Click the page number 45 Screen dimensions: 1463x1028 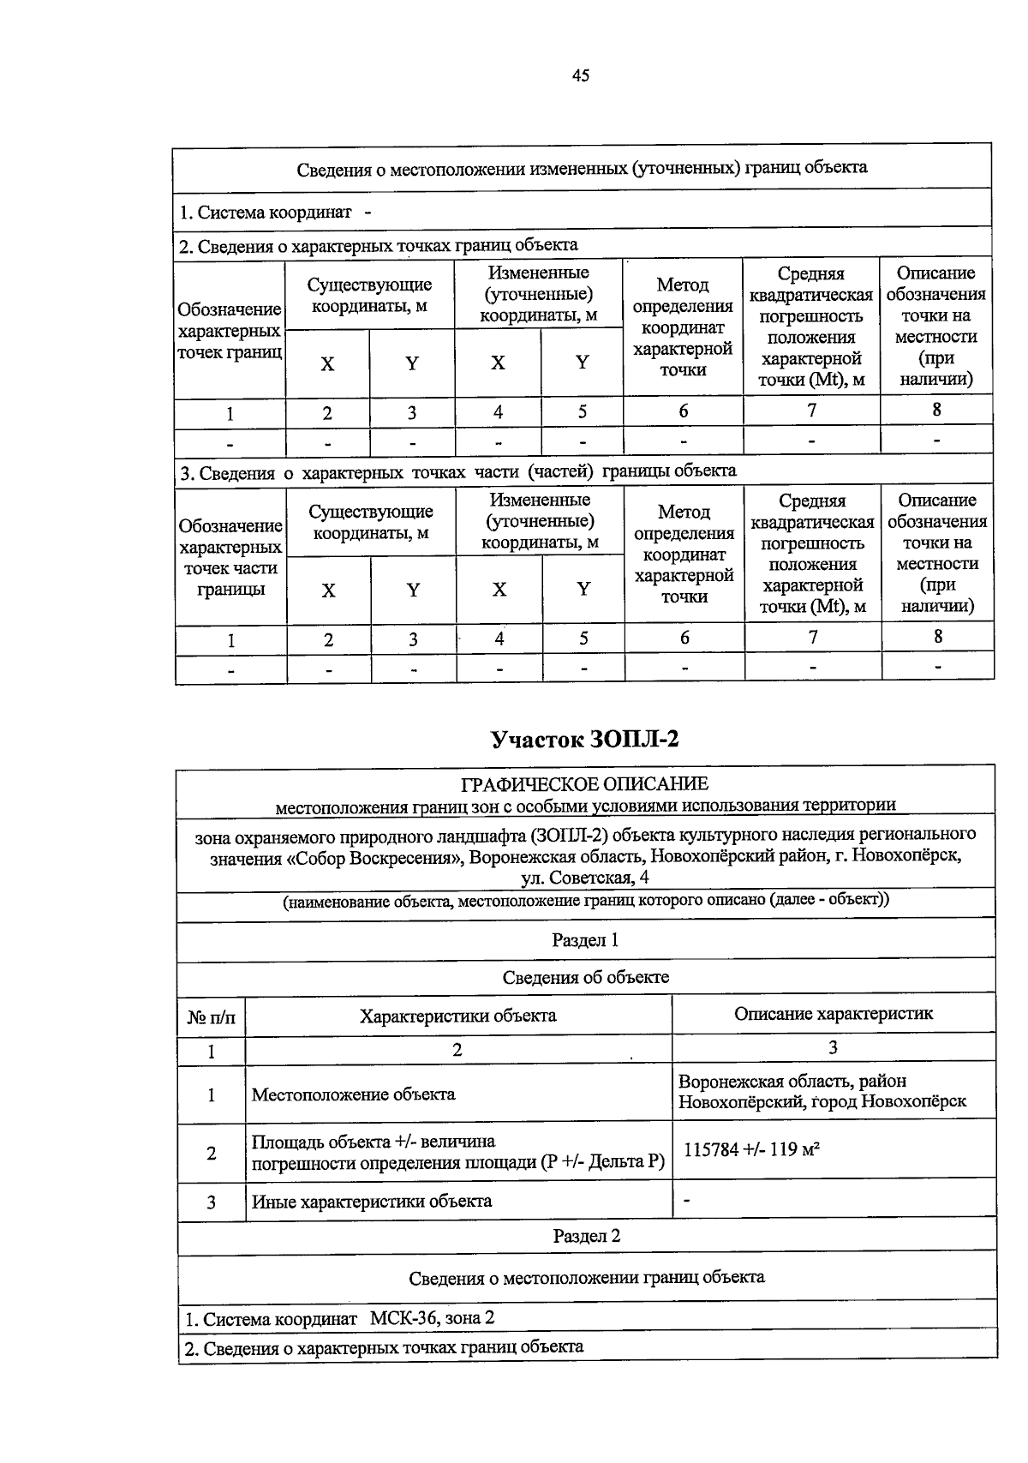coord(581,75)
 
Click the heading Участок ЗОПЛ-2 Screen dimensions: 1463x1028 coord(585,739)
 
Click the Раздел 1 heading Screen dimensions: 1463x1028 coord(585,939)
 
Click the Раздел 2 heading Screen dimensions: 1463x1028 coord(586,1235)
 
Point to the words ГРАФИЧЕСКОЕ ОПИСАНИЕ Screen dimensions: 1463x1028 coord(585,783)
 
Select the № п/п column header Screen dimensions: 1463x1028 coord(211,1017)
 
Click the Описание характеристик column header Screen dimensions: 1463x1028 coord(833,1014)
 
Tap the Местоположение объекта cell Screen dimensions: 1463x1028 coord(353,1094)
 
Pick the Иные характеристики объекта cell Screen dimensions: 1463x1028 coord(372,1201)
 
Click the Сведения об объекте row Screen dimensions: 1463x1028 coord(585,977)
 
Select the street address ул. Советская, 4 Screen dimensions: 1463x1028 coord(585,878)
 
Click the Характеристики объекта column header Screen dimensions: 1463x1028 coord(457,1016)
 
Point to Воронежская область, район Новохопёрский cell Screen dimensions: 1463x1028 coord(822,1091)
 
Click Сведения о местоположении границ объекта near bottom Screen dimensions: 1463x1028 coord(586,1277)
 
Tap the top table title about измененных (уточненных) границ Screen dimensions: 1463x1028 coord(582,168)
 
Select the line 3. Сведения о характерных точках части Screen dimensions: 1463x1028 coord(457,471)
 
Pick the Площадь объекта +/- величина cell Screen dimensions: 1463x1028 coord(457,1152)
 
